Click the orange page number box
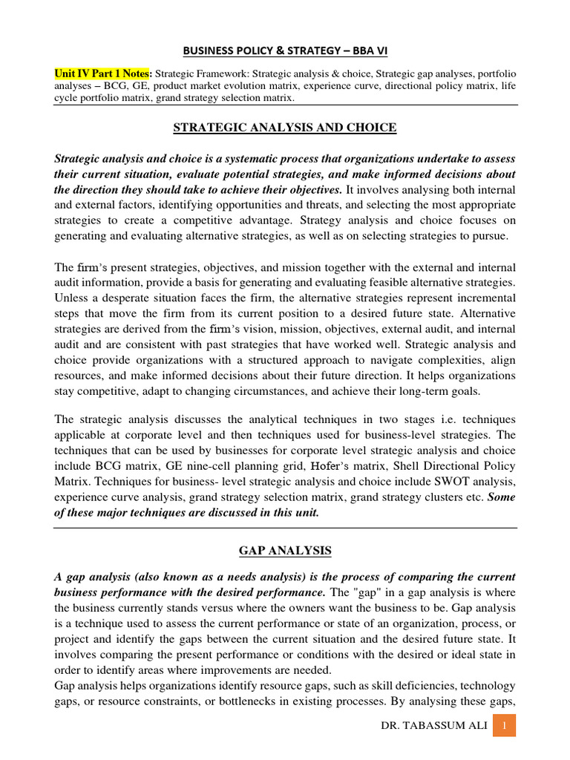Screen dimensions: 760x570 coord(505,725)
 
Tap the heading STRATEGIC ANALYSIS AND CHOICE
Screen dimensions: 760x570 coord(285,128)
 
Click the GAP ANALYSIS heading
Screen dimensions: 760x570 coord(285,551)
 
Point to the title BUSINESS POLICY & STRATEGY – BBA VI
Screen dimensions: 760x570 coord(285,50)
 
